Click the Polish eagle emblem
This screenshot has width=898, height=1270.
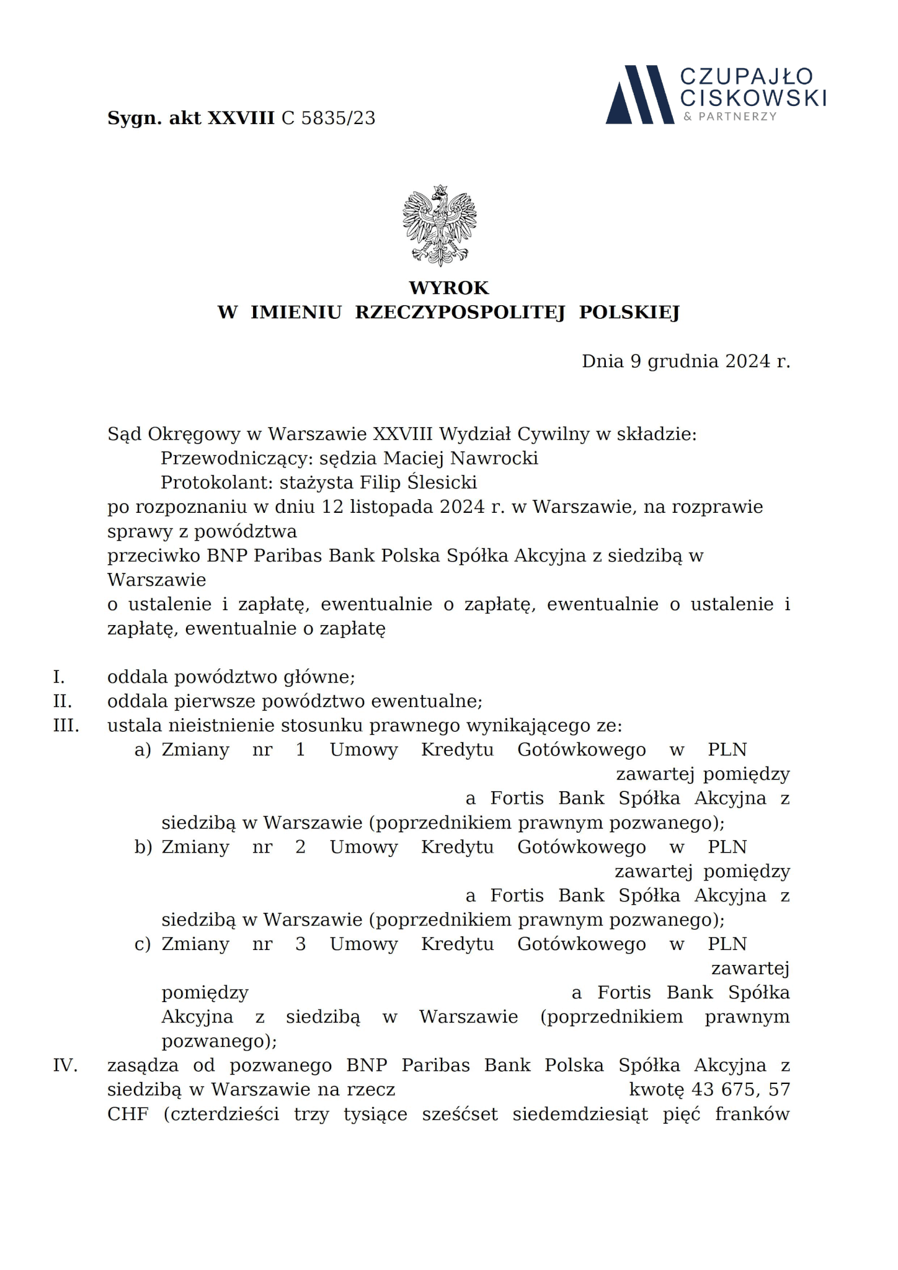click(439, 225)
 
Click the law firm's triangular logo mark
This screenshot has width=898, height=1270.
click(639, 95)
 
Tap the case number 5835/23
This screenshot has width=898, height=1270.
click(338, 118)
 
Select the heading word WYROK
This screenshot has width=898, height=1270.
click(448, 288)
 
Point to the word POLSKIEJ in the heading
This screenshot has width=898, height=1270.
click(629, 312)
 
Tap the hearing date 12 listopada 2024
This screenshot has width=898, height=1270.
click(403, 507)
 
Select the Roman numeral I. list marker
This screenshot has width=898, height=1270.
click(59, 677)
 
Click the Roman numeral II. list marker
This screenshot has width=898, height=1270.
click(62, 701)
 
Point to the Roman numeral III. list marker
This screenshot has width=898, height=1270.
click(66, 726)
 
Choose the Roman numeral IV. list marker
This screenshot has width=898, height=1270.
click(65, 1065)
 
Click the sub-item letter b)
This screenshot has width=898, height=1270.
click(143, 847)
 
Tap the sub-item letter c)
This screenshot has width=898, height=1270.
click(143, 944)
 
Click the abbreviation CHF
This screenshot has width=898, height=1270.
click(128, 1114)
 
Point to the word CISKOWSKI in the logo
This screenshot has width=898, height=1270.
click(753, 97)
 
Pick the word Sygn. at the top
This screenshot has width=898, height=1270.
click(135, 118)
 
